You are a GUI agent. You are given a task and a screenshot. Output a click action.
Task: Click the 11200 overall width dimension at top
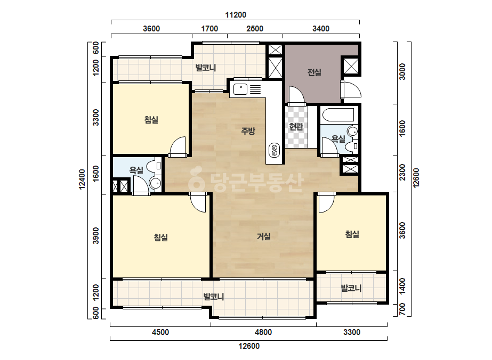[235, 15]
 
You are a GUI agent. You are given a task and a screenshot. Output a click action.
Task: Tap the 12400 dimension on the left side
[82, 179]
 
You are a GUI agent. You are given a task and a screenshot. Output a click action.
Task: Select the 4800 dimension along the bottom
[263, 332]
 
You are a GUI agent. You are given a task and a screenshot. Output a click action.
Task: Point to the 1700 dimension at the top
[209, 29]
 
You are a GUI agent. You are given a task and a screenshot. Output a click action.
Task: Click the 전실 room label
[314, 72]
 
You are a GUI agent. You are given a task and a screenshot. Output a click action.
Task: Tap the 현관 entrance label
[296, 126]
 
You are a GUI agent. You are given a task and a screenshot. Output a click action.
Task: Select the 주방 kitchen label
[248, 131]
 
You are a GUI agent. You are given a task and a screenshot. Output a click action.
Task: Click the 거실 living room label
[263, 236]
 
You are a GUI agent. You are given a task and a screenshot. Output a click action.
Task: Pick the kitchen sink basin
[240, 89]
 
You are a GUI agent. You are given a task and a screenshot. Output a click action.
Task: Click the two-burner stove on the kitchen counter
[274, 150]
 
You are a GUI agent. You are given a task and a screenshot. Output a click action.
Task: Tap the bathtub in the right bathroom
[338, 115]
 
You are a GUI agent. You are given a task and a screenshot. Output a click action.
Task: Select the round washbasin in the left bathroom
[155, 183]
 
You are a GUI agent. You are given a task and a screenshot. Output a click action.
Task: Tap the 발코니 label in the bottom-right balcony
[351, 288]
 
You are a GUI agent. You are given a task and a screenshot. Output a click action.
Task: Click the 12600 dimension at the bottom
[249, 346]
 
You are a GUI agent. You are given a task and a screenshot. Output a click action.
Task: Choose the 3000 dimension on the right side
[402, 71]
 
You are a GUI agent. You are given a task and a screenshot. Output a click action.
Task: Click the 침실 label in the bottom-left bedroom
[160, 237]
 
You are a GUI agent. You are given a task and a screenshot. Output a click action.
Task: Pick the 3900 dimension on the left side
[96, 235]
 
